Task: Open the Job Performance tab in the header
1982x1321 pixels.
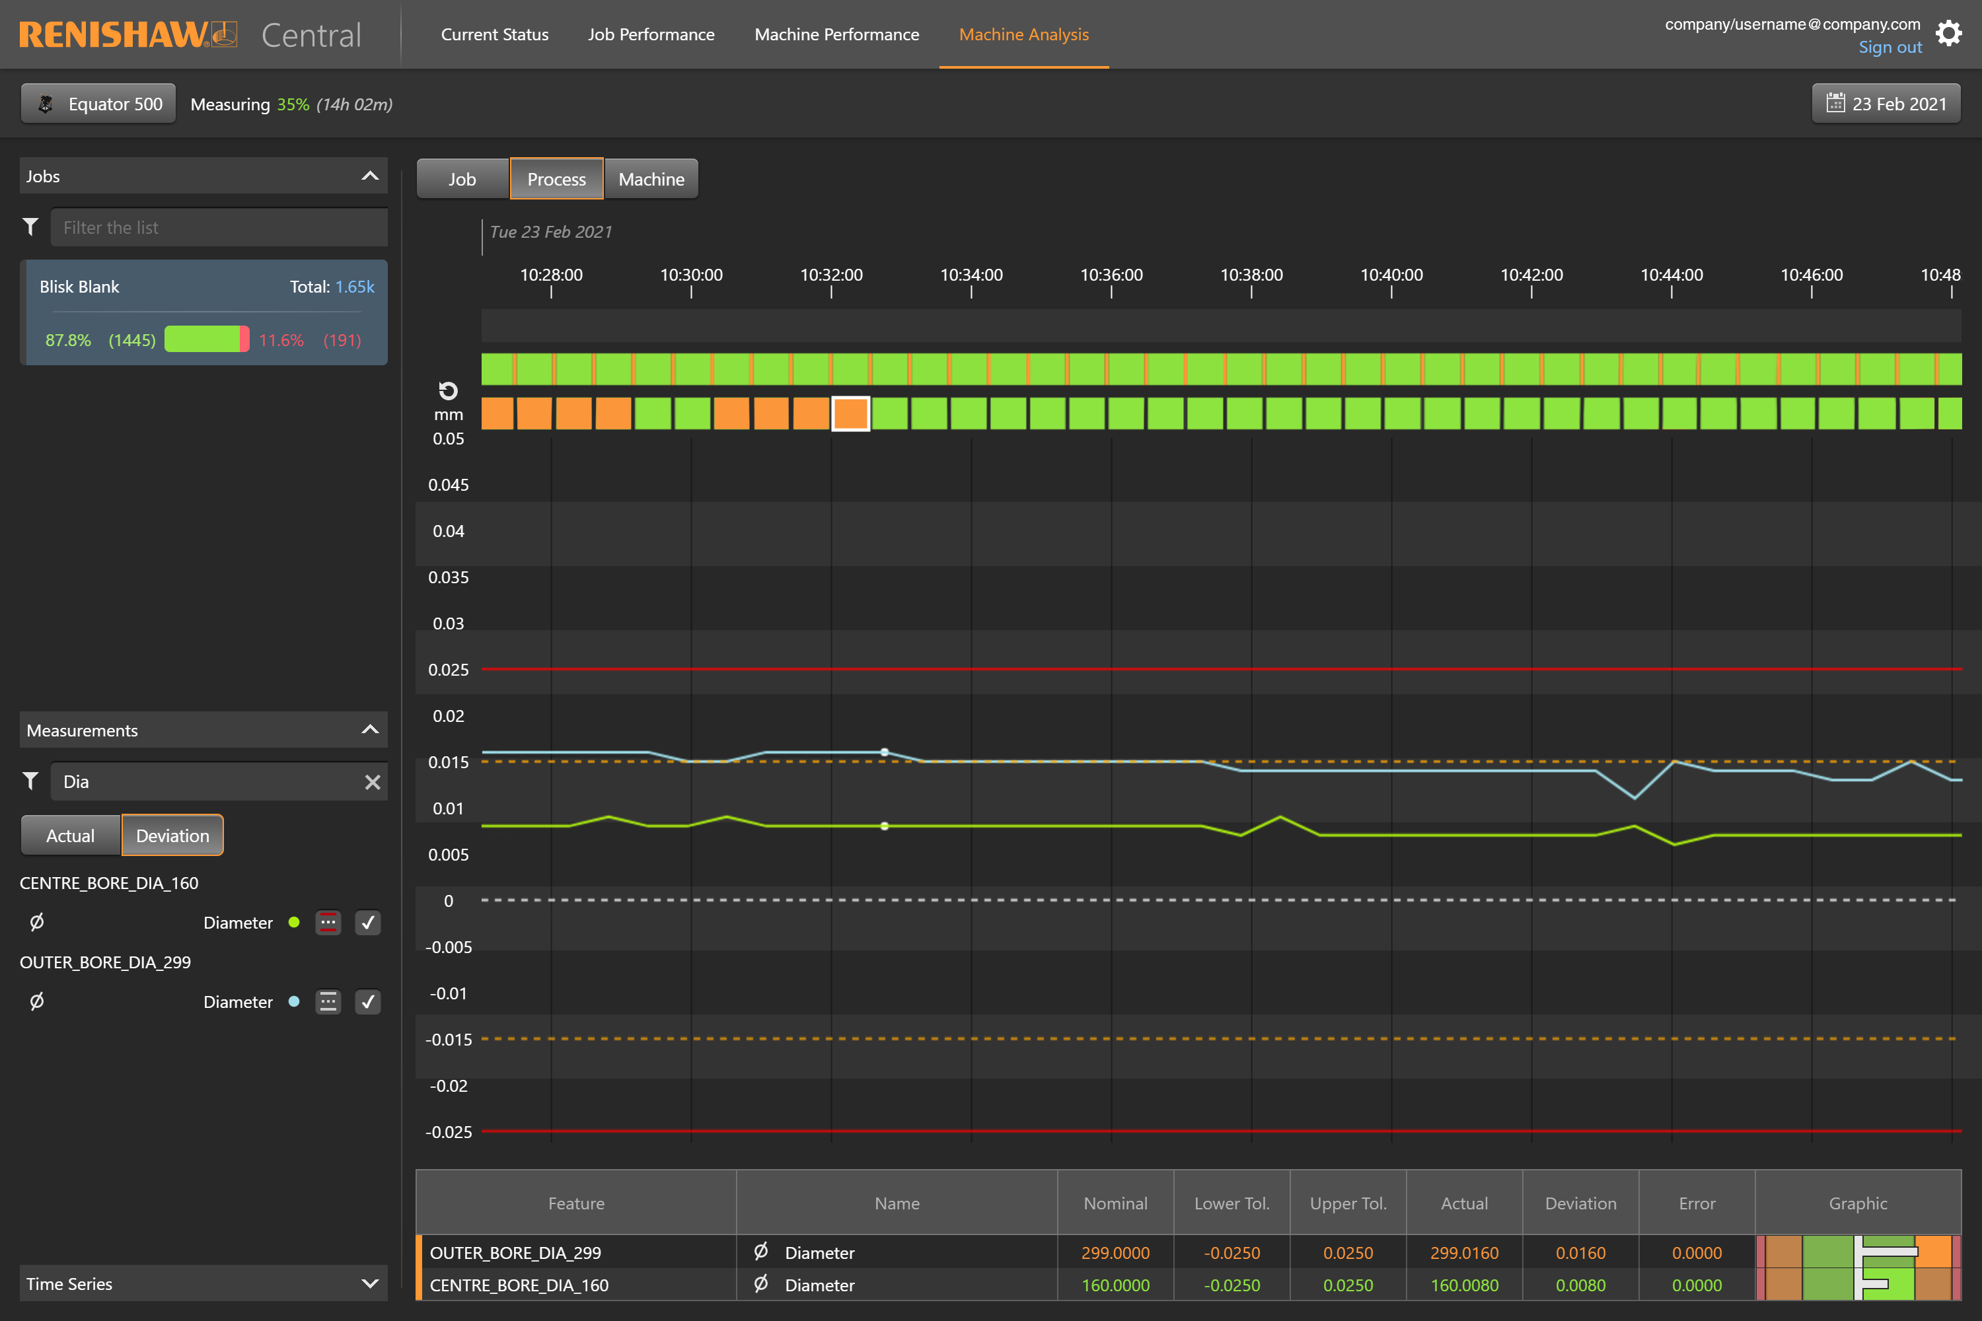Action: [651, 34]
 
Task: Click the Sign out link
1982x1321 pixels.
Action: [1890, 47]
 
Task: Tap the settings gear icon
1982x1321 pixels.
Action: [1948, 34]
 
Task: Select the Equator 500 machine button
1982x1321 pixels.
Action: [98, 104]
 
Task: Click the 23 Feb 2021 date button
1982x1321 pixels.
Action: [1886, 104]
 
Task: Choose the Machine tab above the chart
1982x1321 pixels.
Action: [651, 178]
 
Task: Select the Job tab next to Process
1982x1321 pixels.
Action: [462, 178]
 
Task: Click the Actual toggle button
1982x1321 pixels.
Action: [71, 835]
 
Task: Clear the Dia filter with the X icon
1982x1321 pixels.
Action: [371, 782]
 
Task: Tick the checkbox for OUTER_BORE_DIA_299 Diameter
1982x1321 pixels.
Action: [367, 1002]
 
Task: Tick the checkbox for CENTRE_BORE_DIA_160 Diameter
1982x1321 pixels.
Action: [367, 923]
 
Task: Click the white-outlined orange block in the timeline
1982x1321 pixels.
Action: [850, 413]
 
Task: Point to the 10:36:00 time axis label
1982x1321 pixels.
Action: [1111, 275]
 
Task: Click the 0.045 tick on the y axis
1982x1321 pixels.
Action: [449, 484]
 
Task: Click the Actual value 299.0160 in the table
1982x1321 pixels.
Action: [1464, 1253]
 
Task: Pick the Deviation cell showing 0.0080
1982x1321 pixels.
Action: [1580, 1285]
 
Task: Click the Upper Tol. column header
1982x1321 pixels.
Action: [1348, 1203]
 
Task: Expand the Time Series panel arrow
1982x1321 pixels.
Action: [369, 1283]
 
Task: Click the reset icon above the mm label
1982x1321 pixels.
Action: [449, 390]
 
